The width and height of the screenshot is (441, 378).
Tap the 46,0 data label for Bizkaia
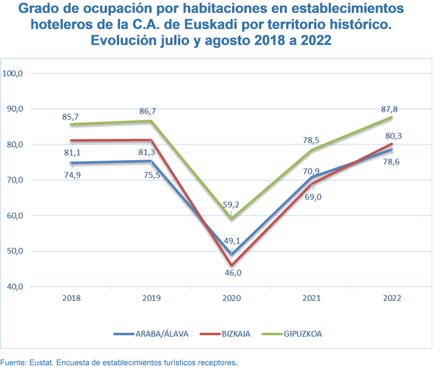click(x=232, y=272)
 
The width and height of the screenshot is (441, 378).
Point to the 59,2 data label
click(x=231, y=204)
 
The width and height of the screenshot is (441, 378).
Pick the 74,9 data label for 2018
click(x=72, y=175)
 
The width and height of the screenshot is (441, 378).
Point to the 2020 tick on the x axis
click(x=232, y=298)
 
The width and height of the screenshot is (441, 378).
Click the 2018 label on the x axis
click(x=72, y=298)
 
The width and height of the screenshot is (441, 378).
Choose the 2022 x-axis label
click(x=391, y=298)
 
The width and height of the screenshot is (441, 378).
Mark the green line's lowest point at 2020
click(x=232, y=219)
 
